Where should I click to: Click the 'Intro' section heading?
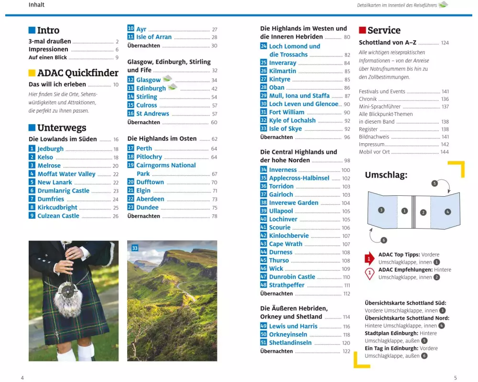(x=48, y=31)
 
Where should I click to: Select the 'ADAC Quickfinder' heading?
(x=77, y=73)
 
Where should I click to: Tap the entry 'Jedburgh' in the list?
(x=50, y=149)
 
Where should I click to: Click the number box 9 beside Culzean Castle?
(x=32, y=216)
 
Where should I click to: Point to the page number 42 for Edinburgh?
(x=214, y=88)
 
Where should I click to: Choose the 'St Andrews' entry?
(x=152, y=114)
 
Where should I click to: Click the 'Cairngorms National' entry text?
(x=166, y=165)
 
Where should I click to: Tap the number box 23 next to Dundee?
(x=130, y=207)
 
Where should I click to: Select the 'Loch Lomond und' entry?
(x=294, y=46)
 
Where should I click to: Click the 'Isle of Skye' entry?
(x=285, y=128)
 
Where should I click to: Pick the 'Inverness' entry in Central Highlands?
(x=283, y=170)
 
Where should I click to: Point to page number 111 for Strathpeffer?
(x=347, y=286)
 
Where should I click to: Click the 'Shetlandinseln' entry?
(x=290, y=343)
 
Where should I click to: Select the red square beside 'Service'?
(x=362, y=31)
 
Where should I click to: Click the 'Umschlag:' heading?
(x=386, y=175)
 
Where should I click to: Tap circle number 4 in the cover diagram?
(x=447, y=211)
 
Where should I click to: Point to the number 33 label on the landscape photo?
(x=135, y=248)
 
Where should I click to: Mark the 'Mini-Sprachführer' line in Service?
(x=380, y=106)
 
